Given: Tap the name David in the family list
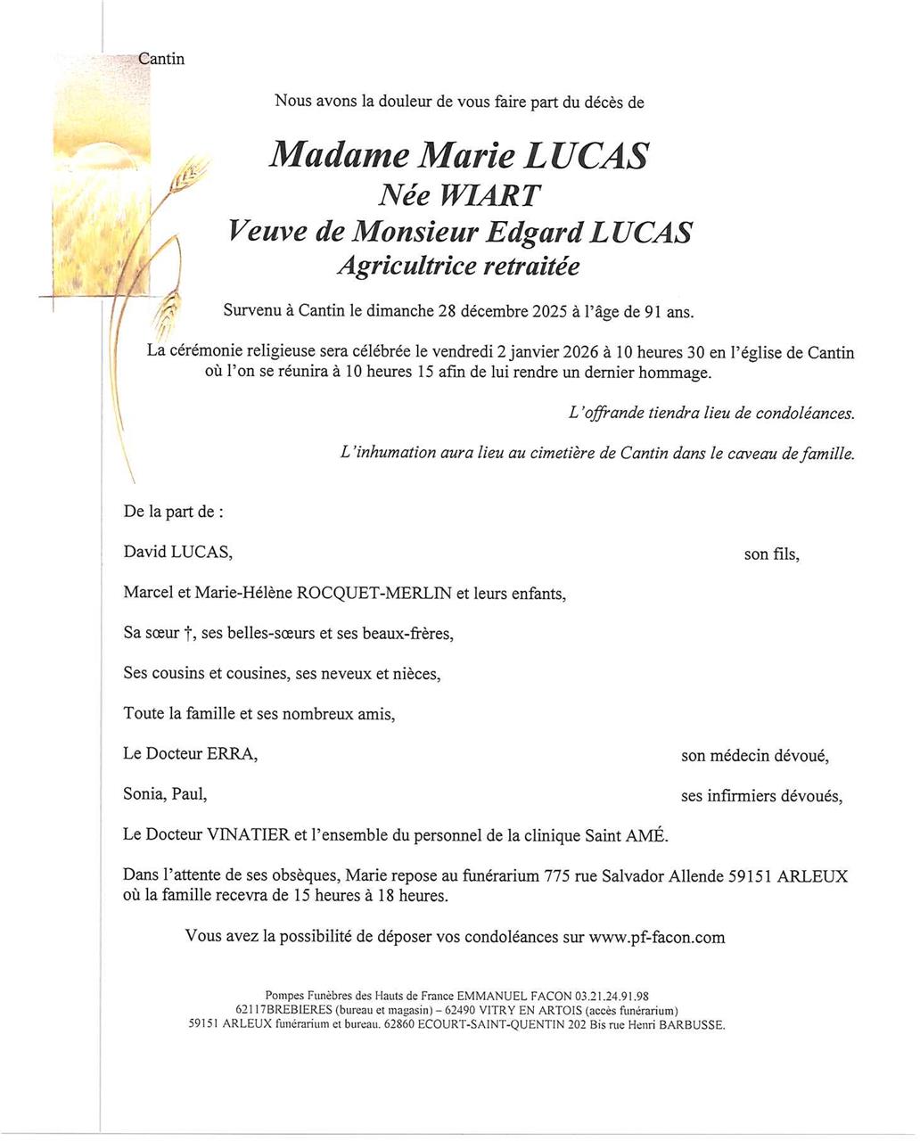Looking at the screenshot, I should tap(144, 553).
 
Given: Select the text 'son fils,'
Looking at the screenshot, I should tap(771, 554).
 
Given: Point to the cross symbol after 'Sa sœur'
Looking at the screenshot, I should tap(188, 634).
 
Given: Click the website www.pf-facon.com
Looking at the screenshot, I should tap(656, 937).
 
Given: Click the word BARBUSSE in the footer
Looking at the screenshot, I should tap(692, 1025).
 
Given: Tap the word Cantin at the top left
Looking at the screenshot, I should tap(161, 59).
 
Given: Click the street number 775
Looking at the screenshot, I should tap(559, 876).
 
